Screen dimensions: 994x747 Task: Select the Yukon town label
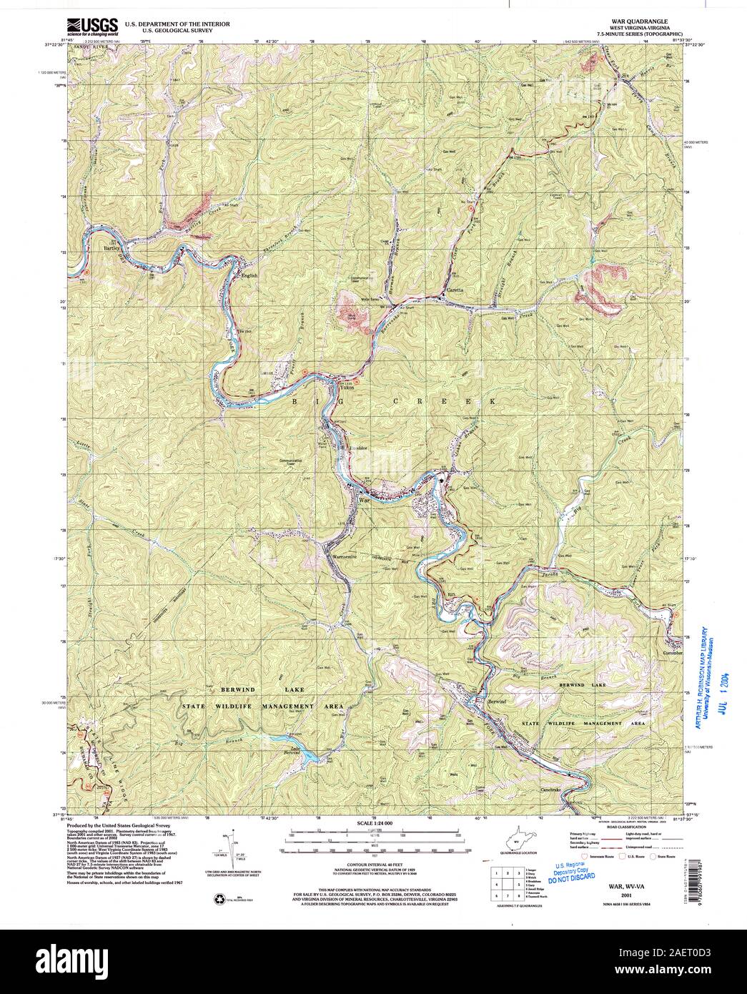(x=337, y=382)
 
